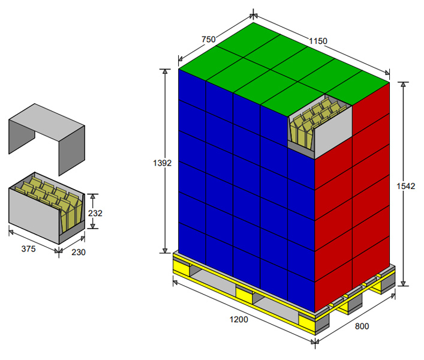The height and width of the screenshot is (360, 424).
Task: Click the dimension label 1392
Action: tap(163, 163)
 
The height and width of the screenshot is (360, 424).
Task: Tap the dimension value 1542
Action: tap(405, 186)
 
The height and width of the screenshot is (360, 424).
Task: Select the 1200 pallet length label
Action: tap(239, 320)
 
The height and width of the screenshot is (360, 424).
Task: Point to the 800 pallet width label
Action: tap(362, 326)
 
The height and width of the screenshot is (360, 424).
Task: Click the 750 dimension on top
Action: tap(209, 40)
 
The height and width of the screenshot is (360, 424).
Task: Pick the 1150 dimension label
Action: tap(318, 41)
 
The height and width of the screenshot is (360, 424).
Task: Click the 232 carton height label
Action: tap(95, 213)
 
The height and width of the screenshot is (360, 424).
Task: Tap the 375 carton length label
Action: tap(28, 249)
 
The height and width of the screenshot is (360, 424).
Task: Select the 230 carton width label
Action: tap(79, 253)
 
